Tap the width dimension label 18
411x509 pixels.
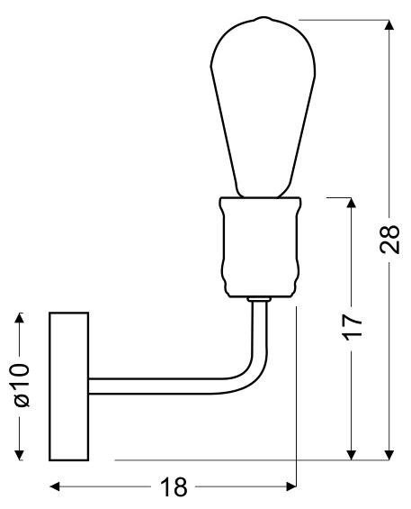[x=174, y=487]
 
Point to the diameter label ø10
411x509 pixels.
[x=22, y=386]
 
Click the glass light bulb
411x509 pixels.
[x=262, y=108]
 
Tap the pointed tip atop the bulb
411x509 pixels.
[x=262, y=18]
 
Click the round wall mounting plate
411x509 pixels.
[x=68, y=385]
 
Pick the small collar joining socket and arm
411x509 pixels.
[x=260, y=298]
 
